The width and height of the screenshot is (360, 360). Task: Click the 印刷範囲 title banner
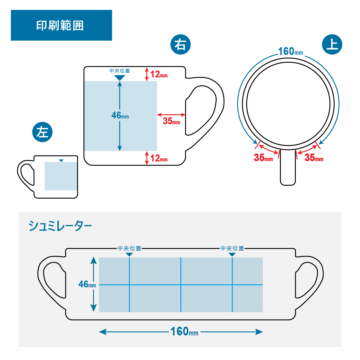pos(61,25)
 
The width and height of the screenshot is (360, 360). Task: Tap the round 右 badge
pos(180,45)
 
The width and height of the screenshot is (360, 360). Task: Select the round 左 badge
pos(42,132)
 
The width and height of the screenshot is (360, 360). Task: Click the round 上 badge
pos(332,45)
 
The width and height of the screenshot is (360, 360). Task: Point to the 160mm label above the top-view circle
pos(290,52)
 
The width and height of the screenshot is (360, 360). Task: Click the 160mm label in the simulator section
pos(184,331)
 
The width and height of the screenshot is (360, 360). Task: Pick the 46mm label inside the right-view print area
pos(120,115)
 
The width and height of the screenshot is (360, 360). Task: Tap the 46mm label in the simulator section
pos(87,284)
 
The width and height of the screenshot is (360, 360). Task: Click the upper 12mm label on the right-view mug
pos(159,74)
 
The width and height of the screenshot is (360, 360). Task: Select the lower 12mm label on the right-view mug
pos(159,158)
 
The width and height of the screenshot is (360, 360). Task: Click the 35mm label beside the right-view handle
pos(171,121)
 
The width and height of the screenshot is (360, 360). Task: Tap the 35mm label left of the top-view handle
pos(263,157)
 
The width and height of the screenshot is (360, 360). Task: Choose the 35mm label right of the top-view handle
pos(314,157)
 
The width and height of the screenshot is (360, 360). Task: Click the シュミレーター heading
pos(60,226)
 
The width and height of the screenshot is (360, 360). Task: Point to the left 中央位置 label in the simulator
pos(129,248)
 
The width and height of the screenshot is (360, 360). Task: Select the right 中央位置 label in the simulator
pos(232,248)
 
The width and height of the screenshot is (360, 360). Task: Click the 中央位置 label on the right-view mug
pos(120,71)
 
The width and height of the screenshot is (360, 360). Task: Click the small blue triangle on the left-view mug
pos(61,161)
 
